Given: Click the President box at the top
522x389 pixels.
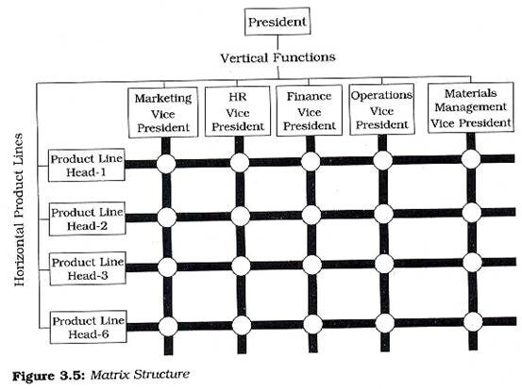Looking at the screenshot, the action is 278,22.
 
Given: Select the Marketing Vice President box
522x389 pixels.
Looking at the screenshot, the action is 163,112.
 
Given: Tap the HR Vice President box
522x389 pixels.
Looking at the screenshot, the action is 238,111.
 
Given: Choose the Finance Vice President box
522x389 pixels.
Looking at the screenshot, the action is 310,110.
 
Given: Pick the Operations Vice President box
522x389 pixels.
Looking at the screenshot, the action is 382,109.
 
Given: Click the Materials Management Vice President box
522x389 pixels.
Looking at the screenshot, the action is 471,107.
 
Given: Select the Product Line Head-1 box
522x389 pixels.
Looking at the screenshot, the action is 87,165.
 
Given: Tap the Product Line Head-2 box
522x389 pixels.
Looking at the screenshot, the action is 87,219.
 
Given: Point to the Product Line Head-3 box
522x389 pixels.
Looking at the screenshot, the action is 88,268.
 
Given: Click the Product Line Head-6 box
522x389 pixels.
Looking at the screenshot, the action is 89,327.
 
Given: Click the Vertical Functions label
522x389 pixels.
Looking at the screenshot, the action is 278,57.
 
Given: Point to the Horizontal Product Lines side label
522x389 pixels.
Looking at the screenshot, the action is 19,210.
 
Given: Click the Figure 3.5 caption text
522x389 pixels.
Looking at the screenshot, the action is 101,375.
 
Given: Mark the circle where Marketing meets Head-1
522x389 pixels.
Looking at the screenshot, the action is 166,164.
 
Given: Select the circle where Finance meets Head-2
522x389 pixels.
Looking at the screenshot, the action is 312,215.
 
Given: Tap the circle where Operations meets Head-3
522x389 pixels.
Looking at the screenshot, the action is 384,264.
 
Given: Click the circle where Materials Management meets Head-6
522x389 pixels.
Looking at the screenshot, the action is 473,322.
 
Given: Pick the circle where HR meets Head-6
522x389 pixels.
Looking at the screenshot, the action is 242,325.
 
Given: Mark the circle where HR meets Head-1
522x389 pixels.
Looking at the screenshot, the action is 240,163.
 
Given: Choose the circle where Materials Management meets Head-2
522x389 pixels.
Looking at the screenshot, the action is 472,212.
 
